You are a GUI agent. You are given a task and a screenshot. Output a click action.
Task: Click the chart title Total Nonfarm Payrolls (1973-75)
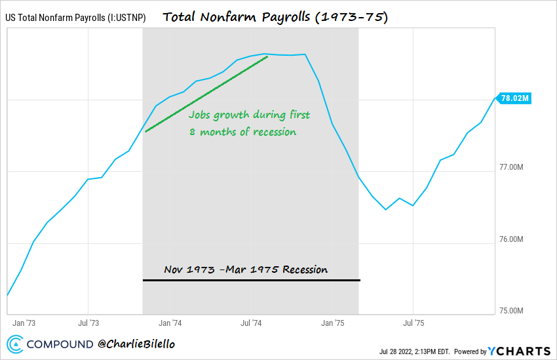coord(275,17)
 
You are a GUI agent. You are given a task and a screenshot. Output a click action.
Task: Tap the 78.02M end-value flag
coord(514,98)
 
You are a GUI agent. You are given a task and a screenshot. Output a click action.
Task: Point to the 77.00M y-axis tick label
coord(511,168)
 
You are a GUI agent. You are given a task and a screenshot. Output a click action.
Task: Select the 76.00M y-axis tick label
coord(511,239)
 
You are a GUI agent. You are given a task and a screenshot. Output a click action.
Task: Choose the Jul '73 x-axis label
coord(88,323)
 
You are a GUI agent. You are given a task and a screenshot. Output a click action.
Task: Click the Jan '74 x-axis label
coord(170,323)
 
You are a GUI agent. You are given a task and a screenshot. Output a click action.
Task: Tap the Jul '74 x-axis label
coord(251,323)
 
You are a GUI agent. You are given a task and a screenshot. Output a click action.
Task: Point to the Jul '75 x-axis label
coord(413,323)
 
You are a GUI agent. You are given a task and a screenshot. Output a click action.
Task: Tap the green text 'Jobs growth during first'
coord(249,115)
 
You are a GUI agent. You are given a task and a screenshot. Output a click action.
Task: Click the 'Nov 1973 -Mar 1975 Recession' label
coord(246,270)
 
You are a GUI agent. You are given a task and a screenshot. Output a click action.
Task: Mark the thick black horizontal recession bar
coord(251,281)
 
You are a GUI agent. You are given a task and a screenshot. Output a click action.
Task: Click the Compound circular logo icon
coord(16,344)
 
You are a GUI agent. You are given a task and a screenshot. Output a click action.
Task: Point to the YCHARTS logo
coord(517,351)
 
